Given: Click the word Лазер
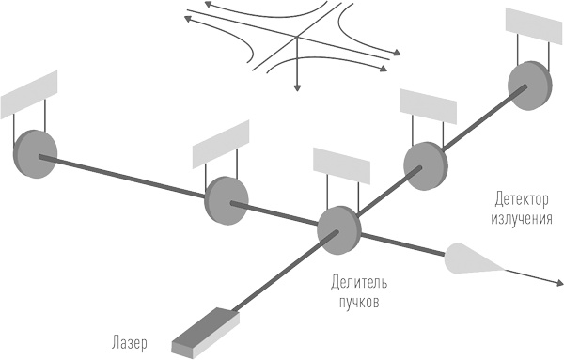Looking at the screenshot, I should tap(128, 340).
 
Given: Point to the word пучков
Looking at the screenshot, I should tap(359, 303).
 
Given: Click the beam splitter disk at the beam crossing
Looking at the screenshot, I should tap(336, 226).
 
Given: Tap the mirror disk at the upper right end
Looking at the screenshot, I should tap(527, 84).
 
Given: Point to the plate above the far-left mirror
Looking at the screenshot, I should tap(30, 90).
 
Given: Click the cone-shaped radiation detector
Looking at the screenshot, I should tap(470, 258).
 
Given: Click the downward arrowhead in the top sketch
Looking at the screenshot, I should tap(298, 87).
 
